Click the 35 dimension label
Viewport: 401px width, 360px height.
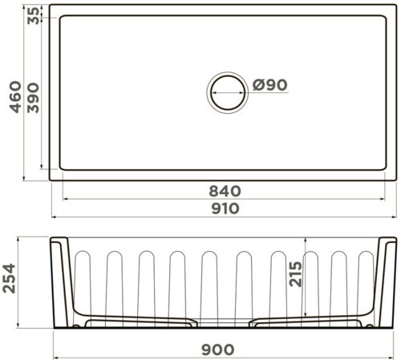coord(33,15)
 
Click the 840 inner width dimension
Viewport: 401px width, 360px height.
coord(225,191)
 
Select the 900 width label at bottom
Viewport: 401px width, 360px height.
coord(218,349)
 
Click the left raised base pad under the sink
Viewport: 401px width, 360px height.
coord(140,322)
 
